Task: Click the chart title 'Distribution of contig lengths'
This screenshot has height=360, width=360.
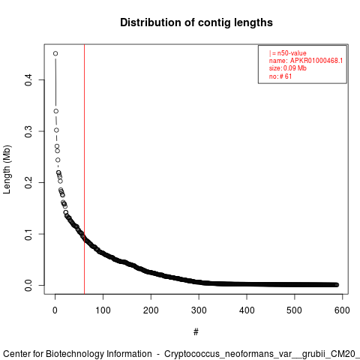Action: pyautogui.click(x=196, y=22)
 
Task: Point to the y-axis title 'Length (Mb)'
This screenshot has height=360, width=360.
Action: pyautogui.click(x=7, y=169)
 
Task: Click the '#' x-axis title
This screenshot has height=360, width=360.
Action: pyautogui.click(x=196, y=332)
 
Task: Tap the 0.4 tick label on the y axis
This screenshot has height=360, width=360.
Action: pyautogui.click(x=28, y=80)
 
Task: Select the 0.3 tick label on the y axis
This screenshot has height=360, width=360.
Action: pyautogui.click(x=28, y=131)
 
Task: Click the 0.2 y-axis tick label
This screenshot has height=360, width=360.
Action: pyautogui.click(x=28, y=182)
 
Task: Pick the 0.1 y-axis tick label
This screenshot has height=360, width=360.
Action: pyautogui.click(x=28, y=234)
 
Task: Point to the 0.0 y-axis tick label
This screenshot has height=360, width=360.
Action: pyautogui.click(x=28, y=285)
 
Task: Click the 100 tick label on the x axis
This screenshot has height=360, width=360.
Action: pyautogui.click(x=103, y=310)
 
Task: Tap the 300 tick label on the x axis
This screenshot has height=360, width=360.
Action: pyautogui.click(x=199, y=310)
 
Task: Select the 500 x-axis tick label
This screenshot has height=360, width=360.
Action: pyautogui.click(x=295, y=310)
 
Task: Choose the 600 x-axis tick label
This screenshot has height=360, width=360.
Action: pyautogui.click(x=342, y=310)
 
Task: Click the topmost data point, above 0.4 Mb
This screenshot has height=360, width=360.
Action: pyautogui.click(x=55, y=53)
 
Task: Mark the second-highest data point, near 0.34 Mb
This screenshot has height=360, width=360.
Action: pyautogui.click(x=56, y=111)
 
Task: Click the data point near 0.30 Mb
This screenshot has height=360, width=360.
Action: pyautogui.click(x=56, y=130)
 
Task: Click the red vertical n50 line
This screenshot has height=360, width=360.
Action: pyautogui.click(x=85, y=169)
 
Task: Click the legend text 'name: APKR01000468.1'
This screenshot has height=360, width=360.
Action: pyautogui.click(x=306, y=61)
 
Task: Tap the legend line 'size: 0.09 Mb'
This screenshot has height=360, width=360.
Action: pyautogui.click(x=287, y=68)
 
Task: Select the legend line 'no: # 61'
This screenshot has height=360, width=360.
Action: pyautogui.click(x=280, y=76)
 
